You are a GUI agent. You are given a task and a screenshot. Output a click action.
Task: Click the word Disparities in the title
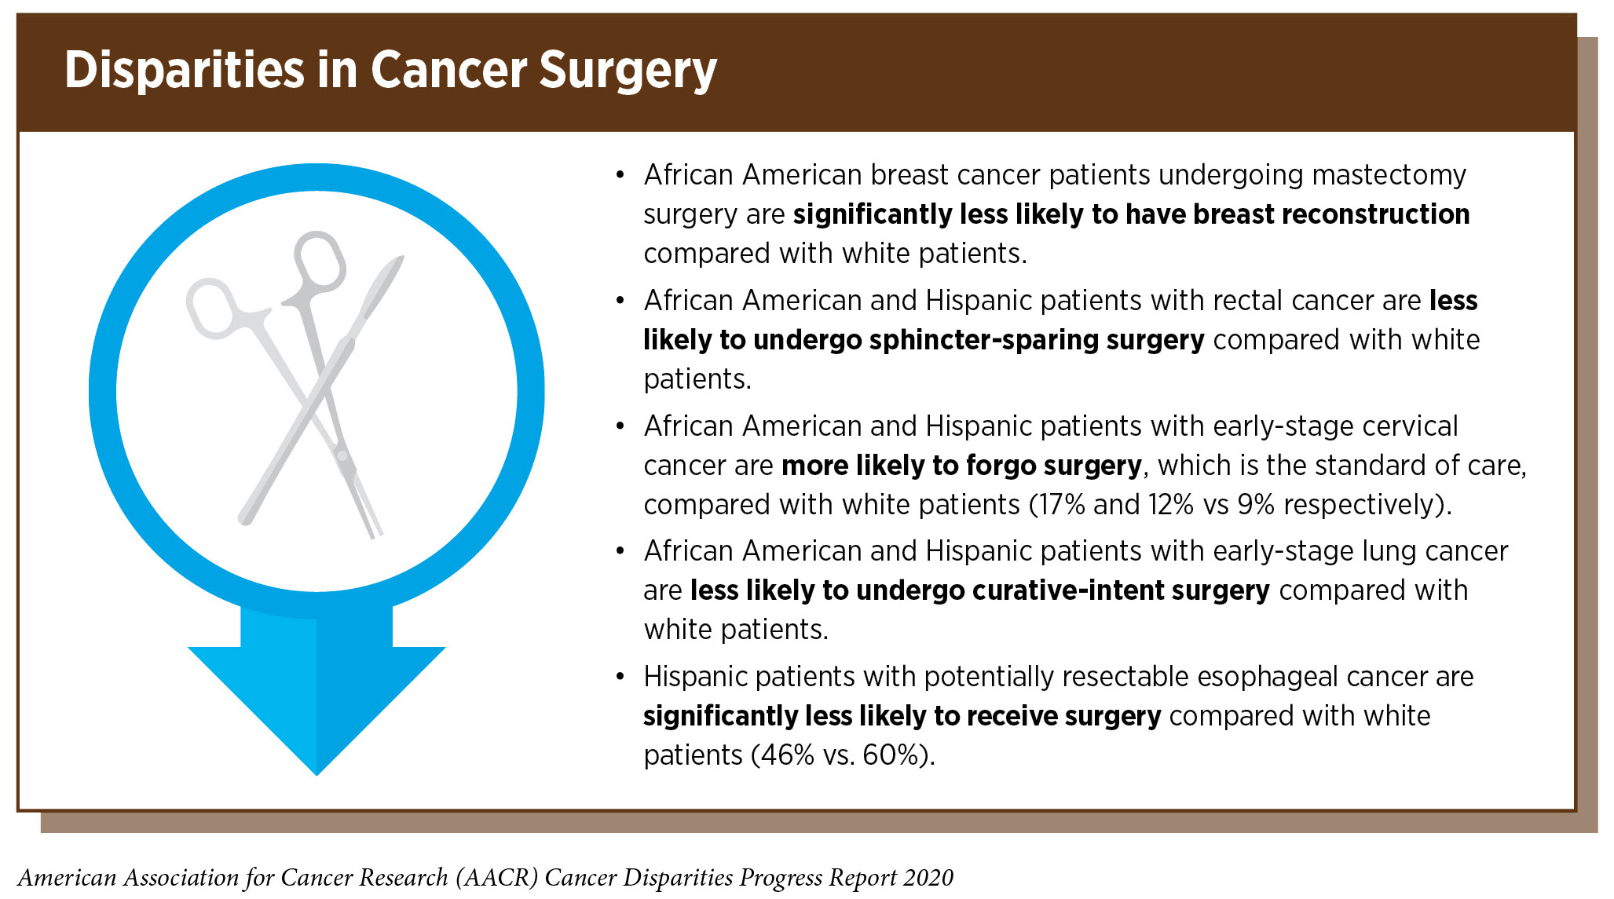pos(185,70)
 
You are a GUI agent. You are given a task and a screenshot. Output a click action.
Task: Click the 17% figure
pos(1057,505)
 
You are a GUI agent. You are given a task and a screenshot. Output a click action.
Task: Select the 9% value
pos(1256,505)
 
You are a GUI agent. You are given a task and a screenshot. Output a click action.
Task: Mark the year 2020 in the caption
pos(928,878)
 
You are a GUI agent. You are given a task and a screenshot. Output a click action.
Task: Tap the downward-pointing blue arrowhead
pos(317,710)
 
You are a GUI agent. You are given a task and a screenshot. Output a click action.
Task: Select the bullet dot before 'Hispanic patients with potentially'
pos(620,678)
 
